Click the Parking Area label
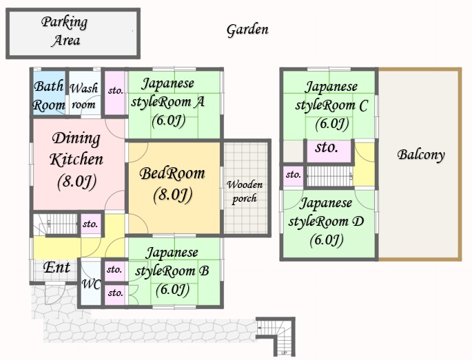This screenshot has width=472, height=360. click(x=65, y=31)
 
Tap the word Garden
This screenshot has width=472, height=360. click(x=247, y=30)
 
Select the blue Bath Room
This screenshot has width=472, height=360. click(x=49, y=93)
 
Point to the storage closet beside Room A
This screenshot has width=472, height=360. click(x=114, y=93)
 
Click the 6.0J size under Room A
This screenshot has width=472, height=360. click(x=168, y=121)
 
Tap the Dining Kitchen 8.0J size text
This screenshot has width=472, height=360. click(x=76, y=181)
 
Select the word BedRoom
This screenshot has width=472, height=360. click(x=172, y=173)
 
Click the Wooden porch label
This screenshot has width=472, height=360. click(x=245, y=191)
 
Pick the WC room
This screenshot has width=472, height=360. click(x=91, y=284)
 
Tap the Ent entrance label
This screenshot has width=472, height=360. click(x=57, y=267)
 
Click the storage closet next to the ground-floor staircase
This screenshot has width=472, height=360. click(x=90, y=224)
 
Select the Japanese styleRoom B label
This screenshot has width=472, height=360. click(x=172, y=262)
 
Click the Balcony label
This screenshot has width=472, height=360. click(x=421, y=155)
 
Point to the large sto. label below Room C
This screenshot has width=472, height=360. click(x=327, y=148)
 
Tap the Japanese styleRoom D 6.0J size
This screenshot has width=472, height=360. click(x=327, y=240)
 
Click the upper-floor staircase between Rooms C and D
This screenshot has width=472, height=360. click(x=329, y=176)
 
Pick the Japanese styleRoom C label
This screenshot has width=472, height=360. click(x=331, y=96)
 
